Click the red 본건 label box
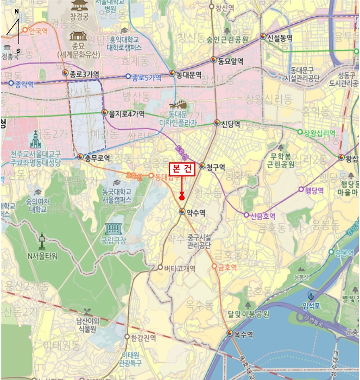(181, 169)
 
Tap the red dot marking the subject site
(182, 197)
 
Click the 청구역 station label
(215, 166)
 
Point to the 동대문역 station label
(189, 74)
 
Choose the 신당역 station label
(231, 123)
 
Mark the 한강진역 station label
(143, 337)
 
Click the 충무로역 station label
(97, 158)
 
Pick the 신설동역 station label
(280, 37)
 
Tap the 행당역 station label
(314, 190)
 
